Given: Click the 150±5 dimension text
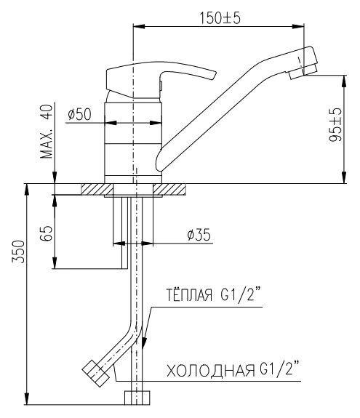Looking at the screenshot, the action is coord(220,18).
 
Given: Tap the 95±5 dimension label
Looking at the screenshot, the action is coord(335,125).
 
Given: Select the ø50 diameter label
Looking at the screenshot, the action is coord(79,114).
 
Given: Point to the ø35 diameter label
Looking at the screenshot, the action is coord(199,235).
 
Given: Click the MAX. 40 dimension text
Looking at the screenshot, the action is coord(47,132).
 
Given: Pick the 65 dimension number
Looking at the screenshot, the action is coord(47,233).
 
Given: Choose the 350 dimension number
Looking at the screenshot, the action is coord(19,252).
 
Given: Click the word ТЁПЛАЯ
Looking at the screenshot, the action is coord(189,295).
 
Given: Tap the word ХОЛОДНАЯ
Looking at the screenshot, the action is coord(211,371).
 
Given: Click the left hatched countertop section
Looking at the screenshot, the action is coord(97,189).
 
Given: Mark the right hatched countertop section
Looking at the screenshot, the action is coord(169,189).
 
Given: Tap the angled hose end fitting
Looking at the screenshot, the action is coord(95,373).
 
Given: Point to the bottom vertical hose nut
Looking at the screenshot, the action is coord(137,398).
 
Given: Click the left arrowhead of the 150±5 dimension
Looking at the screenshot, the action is coord(139,26).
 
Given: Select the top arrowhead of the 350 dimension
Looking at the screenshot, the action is coord(27,189).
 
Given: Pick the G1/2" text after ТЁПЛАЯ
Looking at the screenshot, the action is coord(241,294).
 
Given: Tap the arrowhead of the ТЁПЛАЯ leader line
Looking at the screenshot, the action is coord(144,342).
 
